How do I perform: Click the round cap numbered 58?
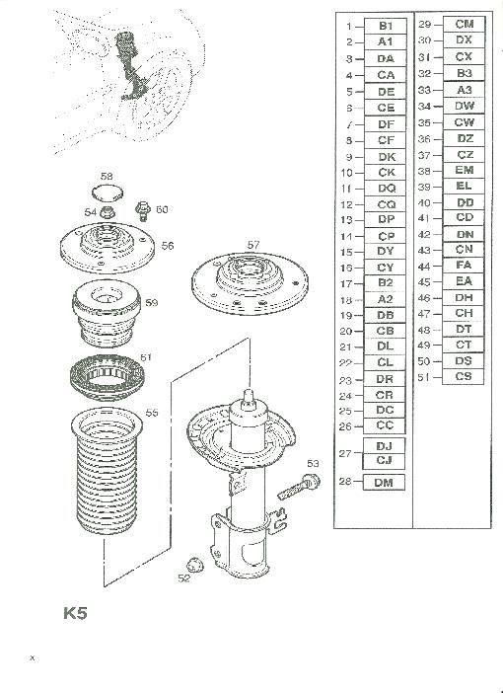108,193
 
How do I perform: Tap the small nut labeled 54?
108,212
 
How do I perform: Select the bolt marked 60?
144,210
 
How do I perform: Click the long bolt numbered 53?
299,487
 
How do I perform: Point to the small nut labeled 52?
194,565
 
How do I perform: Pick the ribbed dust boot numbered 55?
107,471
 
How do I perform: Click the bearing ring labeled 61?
107,376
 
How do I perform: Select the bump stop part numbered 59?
107,313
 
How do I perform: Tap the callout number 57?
253,245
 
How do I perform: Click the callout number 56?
168,246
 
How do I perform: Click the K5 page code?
75,613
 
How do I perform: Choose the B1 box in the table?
386,26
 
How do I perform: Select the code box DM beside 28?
384,482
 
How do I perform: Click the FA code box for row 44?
464,266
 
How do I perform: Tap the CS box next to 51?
464,376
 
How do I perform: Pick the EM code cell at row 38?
465,170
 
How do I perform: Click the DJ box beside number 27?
384,446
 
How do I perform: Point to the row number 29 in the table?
424,25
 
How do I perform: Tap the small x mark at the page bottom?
32,658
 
